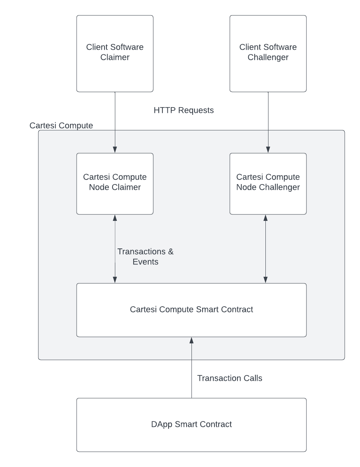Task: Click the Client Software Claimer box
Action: (115, 54)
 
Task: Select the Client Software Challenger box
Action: (268, 54)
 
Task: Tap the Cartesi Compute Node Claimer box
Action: (115, 184)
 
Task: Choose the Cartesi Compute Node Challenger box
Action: (268, 184)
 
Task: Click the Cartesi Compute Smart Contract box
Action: (191, 310)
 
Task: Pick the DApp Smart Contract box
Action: (191, 425)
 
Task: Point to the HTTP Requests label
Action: (183, 111)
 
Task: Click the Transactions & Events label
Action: (145, 256)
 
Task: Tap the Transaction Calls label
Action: (229, 378)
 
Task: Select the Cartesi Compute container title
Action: (61, 126)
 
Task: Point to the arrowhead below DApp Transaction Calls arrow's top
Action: (191, 340)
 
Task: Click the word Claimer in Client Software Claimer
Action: (115, 58)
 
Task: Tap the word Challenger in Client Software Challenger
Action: (268, 58)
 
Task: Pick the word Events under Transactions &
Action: (145, 262)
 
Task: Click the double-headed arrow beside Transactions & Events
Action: (115, 249)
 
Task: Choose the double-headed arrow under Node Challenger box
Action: (265, 249)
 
